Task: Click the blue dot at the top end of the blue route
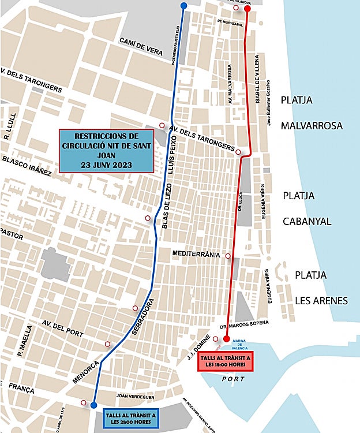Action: (x=183, y=6)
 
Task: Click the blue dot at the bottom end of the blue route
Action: (x=94, y=405)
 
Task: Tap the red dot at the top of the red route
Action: (x=247, y=9)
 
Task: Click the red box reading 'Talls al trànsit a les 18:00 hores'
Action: (x=226, y=361)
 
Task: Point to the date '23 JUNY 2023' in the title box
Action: (x=107, y=165)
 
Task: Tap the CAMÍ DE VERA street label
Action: (x=141, y=46)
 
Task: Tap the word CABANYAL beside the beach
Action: (x=307, y=221)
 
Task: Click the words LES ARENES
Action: (x=321, y=300)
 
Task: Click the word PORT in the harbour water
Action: (x=234, y=379)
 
